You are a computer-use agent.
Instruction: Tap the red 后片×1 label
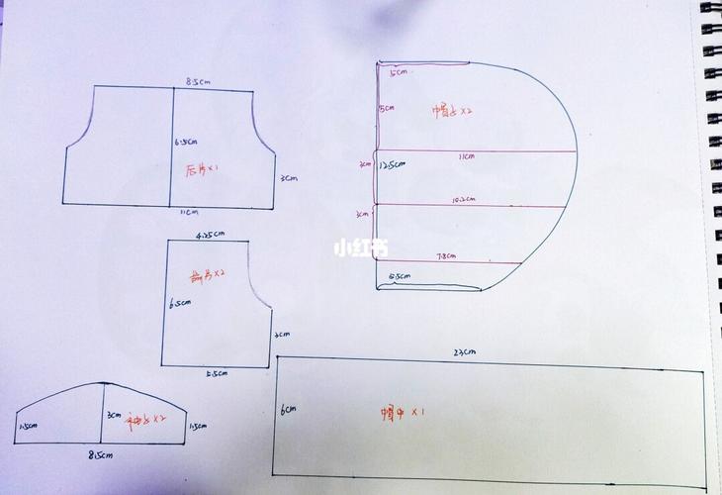click(x=202, y=169)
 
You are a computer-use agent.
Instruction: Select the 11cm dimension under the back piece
click(x=187, y=212)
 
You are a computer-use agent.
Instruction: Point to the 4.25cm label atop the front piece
click(x=210, y=236)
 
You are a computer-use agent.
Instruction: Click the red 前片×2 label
click(x=208, y=273)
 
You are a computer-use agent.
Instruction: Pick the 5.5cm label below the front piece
click(x=217, y=373)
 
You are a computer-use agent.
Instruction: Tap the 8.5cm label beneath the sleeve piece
click(x=100, y=455)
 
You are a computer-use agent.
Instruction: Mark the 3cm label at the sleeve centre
click(x=114, y=415)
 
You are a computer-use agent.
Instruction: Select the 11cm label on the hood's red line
click(x=466, y=156)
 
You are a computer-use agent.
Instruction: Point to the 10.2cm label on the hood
click(x=463, y=200)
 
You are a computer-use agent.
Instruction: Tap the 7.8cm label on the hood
click(x=446, y=255)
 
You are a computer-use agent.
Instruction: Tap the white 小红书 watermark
click(x=360, y=247)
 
